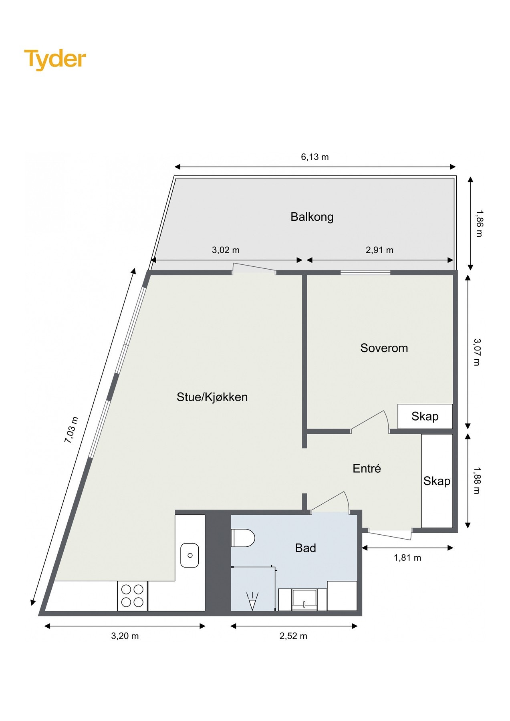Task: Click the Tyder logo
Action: (55, 59)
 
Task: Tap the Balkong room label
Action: (312, 217)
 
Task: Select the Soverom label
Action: (384, 348)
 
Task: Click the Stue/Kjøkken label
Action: (212, 397)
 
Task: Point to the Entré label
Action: (367, 468)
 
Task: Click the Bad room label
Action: (305, 548)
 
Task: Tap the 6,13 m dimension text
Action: (314, 157)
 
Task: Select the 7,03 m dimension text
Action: (71, 430)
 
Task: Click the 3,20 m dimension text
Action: (125, 636)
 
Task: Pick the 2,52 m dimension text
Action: (293, 636)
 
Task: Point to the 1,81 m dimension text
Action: (407, 558)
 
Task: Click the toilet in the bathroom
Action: (243, 538)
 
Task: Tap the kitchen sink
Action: (189, 555)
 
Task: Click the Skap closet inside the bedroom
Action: (425, 416)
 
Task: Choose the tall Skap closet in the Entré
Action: (437, 481)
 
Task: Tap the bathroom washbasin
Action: (304, 599)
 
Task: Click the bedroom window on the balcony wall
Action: (365, 273)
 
